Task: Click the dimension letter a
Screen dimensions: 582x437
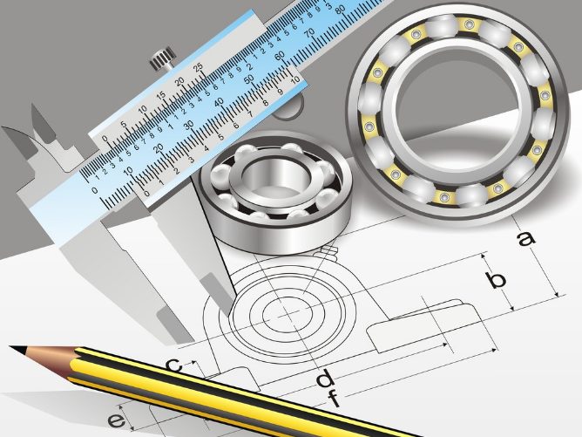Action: click(527, 239)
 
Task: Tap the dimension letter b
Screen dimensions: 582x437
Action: click(496, 279)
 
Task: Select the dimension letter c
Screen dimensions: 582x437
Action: click(173, 365)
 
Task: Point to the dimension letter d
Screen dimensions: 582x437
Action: click(325, 379)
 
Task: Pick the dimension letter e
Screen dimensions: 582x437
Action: click(116, 420)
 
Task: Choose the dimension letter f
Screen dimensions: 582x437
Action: click(334, 398)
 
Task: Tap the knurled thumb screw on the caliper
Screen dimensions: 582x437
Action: click(163, 58)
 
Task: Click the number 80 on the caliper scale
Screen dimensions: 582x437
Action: click(340, 10)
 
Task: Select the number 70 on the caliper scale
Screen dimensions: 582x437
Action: click(310, 33)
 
